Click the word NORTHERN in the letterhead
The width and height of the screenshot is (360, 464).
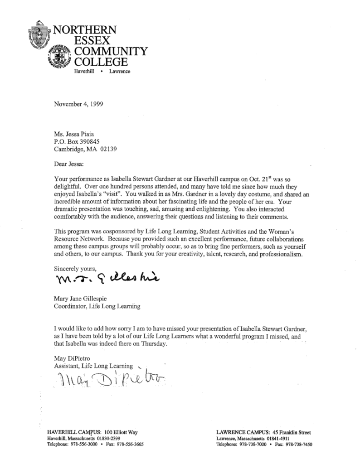click(x=86, y=30)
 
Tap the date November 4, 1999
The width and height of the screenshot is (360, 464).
click(x=78, y=103)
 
